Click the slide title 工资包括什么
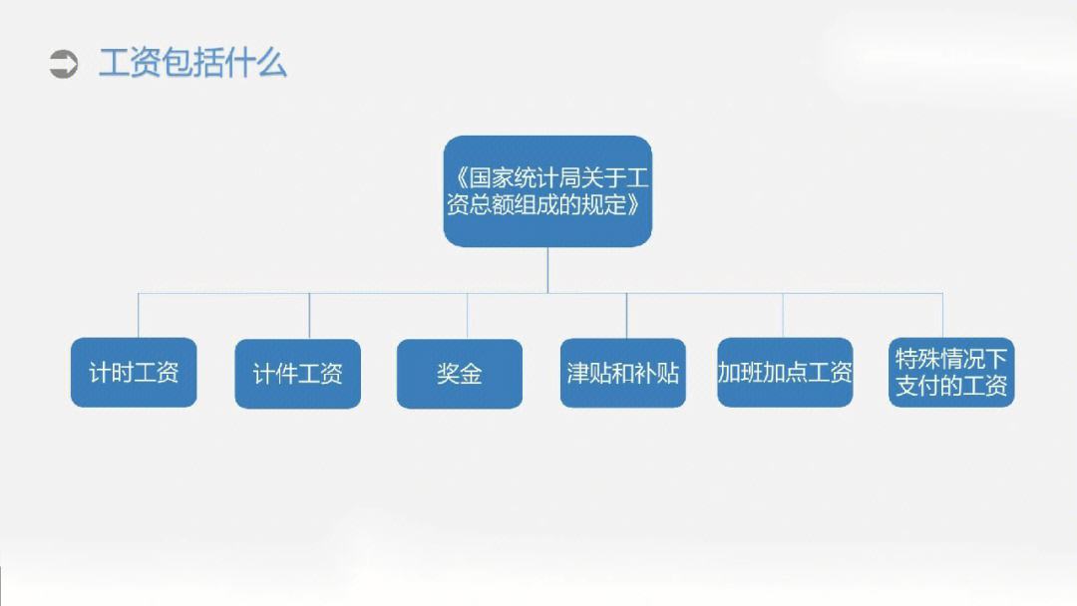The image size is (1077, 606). pos(192,63)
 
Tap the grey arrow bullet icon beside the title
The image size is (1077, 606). pos(64,65)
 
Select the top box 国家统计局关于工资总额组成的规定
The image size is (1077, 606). pos(547,191)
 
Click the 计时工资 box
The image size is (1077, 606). pos(134,372)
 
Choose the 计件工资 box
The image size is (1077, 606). pos(297,374)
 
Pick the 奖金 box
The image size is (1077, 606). pos(460,374)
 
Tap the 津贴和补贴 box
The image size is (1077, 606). pos(623,373)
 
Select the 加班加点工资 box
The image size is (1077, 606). pos(785,372)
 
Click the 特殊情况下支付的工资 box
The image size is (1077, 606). pos(951,372)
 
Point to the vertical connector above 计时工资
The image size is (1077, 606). pos(138,316)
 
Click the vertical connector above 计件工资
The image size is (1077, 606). pos(309,316)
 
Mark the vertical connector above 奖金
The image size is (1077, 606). pos(467,316)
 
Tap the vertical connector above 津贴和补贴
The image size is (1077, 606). pos(626,316)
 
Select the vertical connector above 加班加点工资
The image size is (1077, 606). pos(783,316)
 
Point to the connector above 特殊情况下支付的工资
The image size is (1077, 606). pos(942,316)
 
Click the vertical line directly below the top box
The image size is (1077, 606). pos(547,270)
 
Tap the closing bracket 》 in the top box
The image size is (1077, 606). pos(634,204)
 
